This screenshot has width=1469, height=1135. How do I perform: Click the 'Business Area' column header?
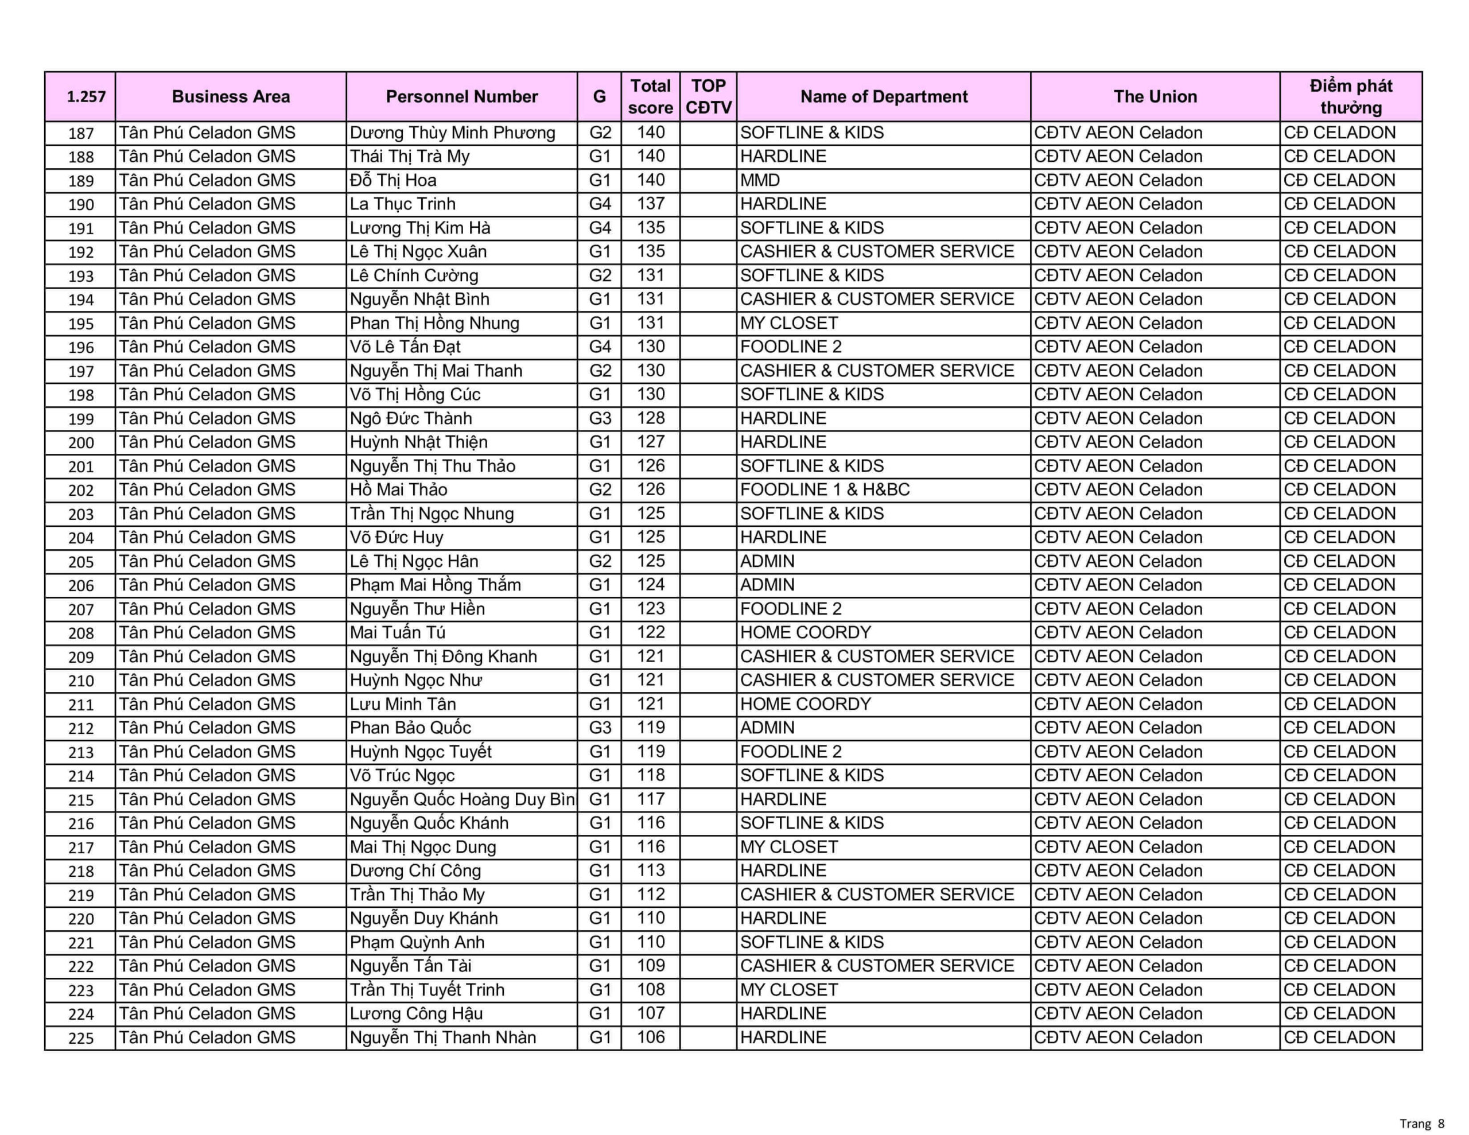click(231, 97)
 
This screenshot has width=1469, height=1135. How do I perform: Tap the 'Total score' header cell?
click(650, 97)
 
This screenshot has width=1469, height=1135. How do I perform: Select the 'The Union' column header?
click(1155, 97)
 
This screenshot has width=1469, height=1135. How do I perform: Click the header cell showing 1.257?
click(86, 97)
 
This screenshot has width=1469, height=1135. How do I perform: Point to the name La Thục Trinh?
click(402, 204)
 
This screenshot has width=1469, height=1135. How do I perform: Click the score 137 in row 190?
click(650, 204)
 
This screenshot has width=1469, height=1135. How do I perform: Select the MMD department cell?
click(760, 180)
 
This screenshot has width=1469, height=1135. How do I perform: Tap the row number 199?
click(81, 419)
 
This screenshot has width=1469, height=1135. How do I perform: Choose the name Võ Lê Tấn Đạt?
click(405, 347)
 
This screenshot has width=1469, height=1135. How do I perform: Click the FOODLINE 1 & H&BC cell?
click(825, 490)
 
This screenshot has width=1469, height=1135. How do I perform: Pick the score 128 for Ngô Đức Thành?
click(650, 418)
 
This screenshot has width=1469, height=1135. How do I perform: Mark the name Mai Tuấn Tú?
click(398, 633)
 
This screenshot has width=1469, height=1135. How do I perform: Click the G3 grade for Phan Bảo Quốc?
click(599, 728)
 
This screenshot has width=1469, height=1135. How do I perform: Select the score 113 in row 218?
click(650, 870)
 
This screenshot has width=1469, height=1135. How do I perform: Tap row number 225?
click(81, 1038)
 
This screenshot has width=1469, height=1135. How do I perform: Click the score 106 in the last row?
click(650, 1037)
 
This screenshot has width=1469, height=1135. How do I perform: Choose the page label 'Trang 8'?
click(1422, 1124)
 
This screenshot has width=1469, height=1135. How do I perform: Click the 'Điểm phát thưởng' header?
click(1351, 97)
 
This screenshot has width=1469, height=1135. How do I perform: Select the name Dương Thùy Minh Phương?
click(452, 133)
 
